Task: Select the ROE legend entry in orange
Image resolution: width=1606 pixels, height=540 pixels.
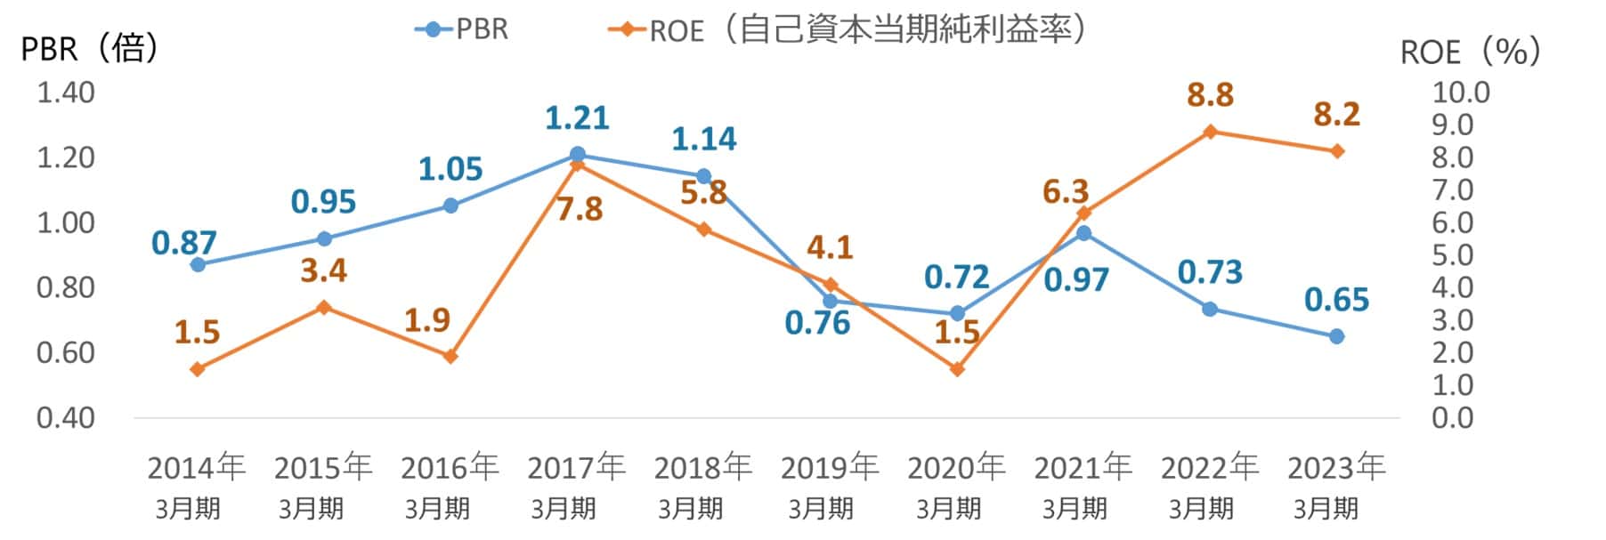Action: [846, 30]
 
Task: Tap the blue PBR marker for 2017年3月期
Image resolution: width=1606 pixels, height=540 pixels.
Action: [577, 154]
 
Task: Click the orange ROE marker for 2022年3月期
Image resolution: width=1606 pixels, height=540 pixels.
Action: [1209, 132]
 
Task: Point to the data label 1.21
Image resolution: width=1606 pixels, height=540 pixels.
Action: [577, 117]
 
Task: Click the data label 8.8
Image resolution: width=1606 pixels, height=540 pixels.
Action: [1210, 94]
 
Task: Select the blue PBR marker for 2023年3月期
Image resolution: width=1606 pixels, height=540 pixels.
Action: [1336, 336]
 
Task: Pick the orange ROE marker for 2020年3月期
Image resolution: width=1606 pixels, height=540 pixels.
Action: [957, 369]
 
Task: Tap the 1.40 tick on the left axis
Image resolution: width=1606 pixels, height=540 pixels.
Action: [65, 93]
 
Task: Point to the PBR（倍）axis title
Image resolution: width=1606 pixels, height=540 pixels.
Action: [89, 48]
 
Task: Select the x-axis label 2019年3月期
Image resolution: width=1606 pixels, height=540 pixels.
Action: [828, 486]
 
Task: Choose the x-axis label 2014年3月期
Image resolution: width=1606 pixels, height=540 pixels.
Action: [195, 486]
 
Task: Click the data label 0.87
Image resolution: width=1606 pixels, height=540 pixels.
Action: [183, 242]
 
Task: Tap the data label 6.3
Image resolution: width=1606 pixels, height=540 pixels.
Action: [1065, 191]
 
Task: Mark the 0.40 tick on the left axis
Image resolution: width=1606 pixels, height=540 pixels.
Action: [65, 417]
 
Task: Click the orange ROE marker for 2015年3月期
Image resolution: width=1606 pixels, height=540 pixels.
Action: [324, 308]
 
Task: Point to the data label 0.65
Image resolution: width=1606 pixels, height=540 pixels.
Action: [1336, 300]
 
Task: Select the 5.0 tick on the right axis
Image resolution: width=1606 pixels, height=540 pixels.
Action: [1452, 255]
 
